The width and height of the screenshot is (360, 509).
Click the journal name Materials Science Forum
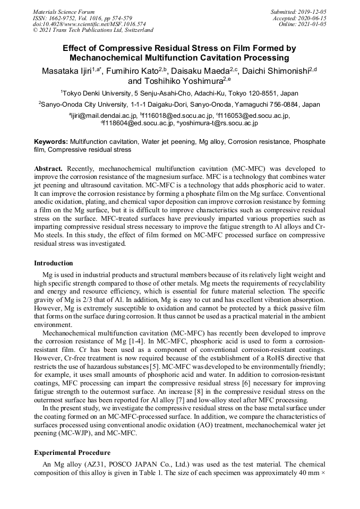pyautogui.click(x=64, y=12)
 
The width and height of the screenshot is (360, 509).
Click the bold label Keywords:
pyautogui.click(x=51, y=142)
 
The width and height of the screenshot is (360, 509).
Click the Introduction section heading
pyautogui.click(x=54, y=263)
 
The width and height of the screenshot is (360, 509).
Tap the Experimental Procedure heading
pyautogui.click(x=72, y=453)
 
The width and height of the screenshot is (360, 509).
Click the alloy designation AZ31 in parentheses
pyautogui.click(x=84, y=464)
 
